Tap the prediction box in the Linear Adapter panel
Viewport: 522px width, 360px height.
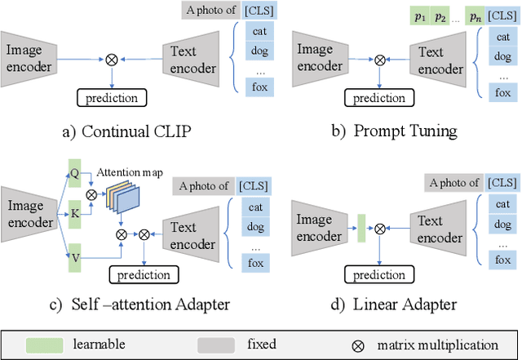(378, 275)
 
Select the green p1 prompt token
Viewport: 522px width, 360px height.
(417, 16)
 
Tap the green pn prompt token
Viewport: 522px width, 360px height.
(475, 16)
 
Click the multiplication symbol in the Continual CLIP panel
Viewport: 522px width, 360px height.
(112, 58)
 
